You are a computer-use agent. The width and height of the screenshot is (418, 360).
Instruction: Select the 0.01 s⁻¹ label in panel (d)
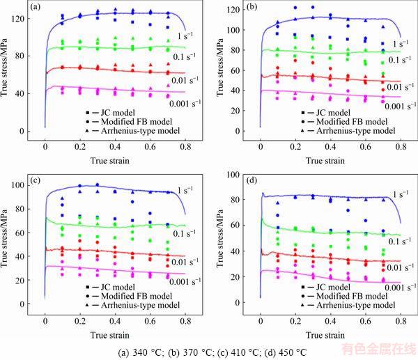tap(397, 267)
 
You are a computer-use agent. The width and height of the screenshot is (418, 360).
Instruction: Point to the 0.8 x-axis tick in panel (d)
tap(399, 324)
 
